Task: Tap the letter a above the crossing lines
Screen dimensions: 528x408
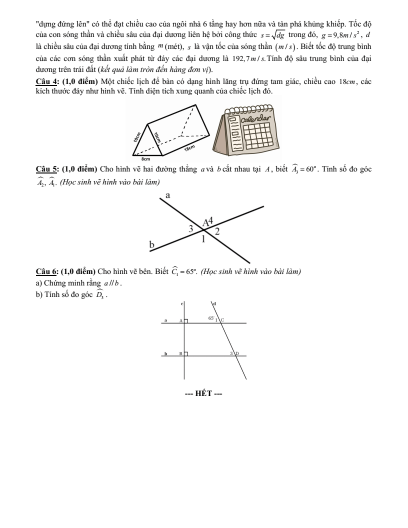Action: pos(167,196)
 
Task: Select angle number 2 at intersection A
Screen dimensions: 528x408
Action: pos(216,231)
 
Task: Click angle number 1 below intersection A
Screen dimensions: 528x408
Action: pos(203,239)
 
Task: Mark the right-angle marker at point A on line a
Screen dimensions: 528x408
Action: pos(186,321)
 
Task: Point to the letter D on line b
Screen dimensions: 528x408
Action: pos(237,353)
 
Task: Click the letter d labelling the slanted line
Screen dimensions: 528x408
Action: pos(215,303)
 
